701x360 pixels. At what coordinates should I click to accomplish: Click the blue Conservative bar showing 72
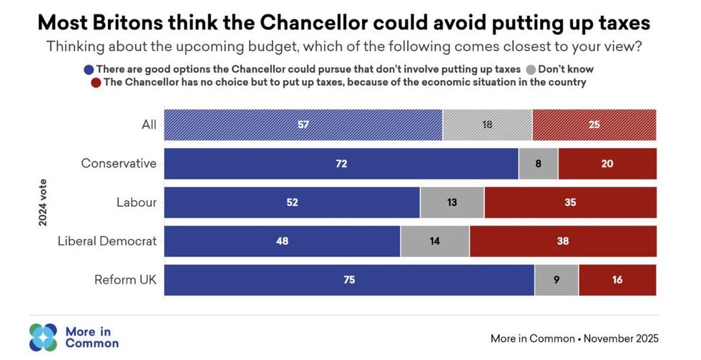tap(341, 163)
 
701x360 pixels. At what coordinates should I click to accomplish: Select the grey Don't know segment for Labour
tap(452, 203)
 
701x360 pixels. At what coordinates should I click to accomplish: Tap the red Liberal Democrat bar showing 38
tap(563, 241)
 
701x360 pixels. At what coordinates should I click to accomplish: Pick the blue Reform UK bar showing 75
tap(349, 280)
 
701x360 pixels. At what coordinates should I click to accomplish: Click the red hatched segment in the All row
tap(594, 125)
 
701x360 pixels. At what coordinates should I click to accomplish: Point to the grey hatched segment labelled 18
tap(487, 125)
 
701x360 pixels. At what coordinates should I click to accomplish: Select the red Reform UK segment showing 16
tap(617, 280)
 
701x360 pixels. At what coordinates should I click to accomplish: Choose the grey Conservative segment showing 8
tap(538, 163)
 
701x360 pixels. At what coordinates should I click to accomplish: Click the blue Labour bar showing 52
tap(292, 203)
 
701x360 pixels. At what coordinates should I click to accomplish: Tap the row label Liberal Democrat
tap(107, 241)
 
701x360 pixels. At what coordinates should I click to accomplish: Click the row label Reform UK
tap(125, 280)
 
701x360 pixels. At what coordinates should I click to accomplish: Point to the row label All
tap(149, 125)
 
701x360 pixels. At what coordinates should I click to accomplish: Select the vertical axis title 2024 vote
tap(43, 203)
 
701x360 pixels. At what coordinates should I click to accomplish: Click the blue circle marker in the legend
tap(89, 70)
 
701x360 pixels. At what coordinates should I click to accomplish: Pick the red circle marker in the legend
tap(96, 83)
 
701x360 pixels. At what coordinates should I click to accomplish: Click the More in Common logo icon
tap(43, 337)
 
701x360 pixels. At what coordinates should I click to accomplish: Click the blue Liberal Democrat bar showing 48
tap(282, 241)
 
